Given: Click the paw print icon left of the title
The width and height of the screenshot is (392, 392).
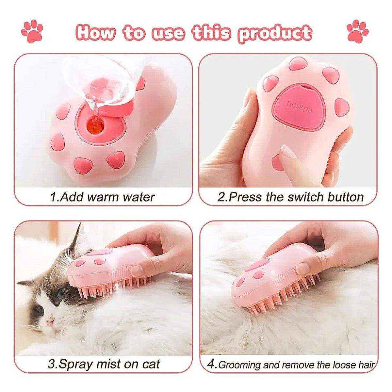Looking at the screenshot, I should coord(32,32).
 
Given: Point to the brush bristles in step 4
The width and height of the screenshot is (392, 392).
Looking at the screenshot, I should coord(278,299).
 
